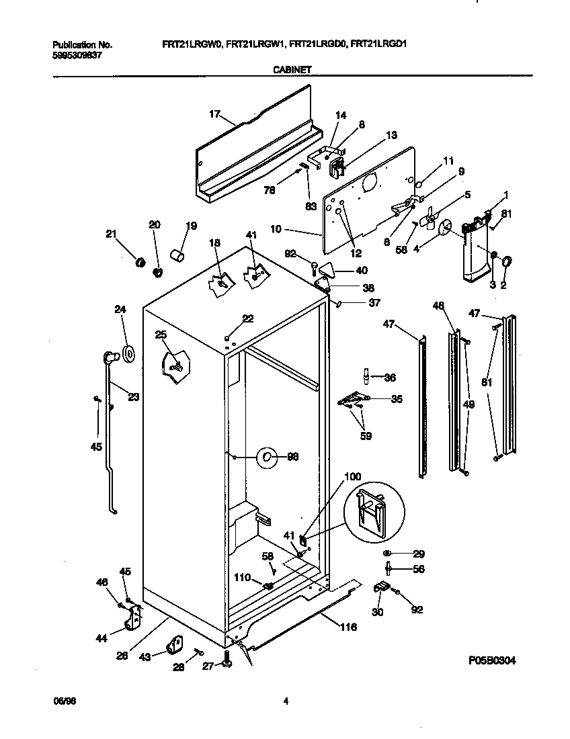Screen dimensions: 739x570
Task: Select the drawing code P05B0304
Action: pos(492,660)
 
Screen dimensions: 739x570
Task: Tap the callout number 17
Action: pos(214,114)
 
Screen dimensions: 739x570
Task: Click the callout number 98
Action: pos(292,457)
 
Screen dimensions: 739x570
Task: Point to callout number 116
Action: pos(348,627)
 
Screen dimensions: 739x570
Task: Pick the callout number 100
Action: pos(352,477)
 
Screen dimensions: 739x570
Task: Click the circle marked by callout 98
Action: pos(267,458)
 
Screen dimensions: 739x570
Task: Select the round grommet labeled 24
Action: pos(128,353)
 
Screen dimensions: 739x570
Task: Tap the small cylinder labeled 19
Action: pos(177,257)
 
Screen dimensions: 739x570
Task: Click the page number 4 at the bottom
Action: pos(286,702)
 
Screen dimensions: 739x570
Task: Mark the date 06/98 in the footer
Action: pos(63,702)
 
